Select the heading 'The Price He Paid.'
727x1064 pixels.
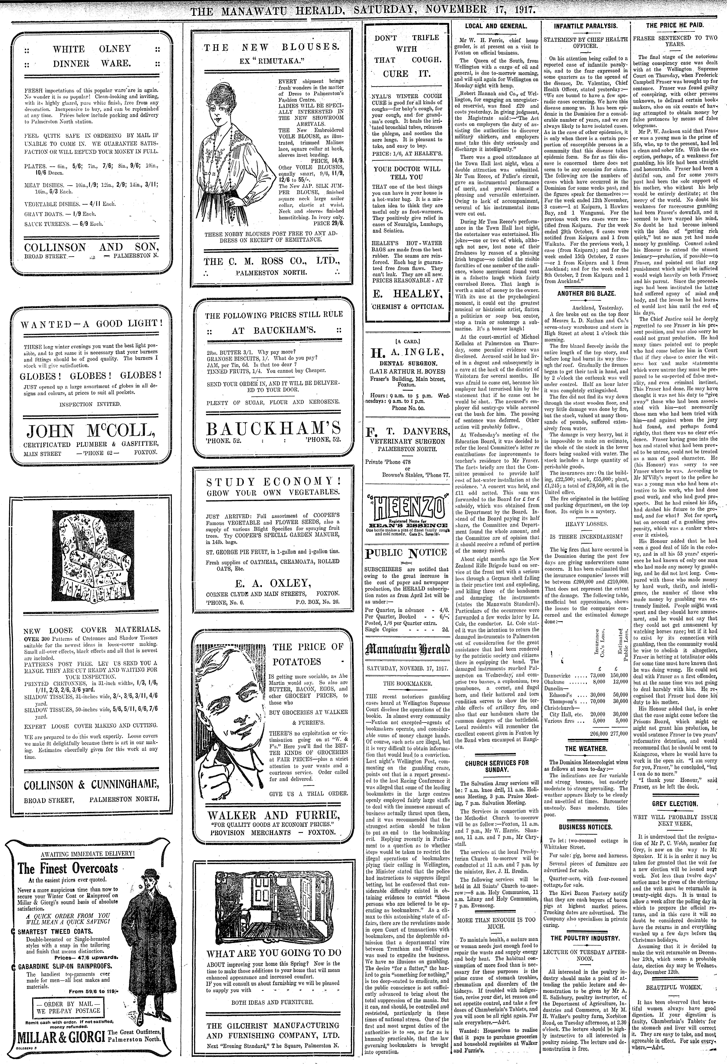click(x=675, y=26)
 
